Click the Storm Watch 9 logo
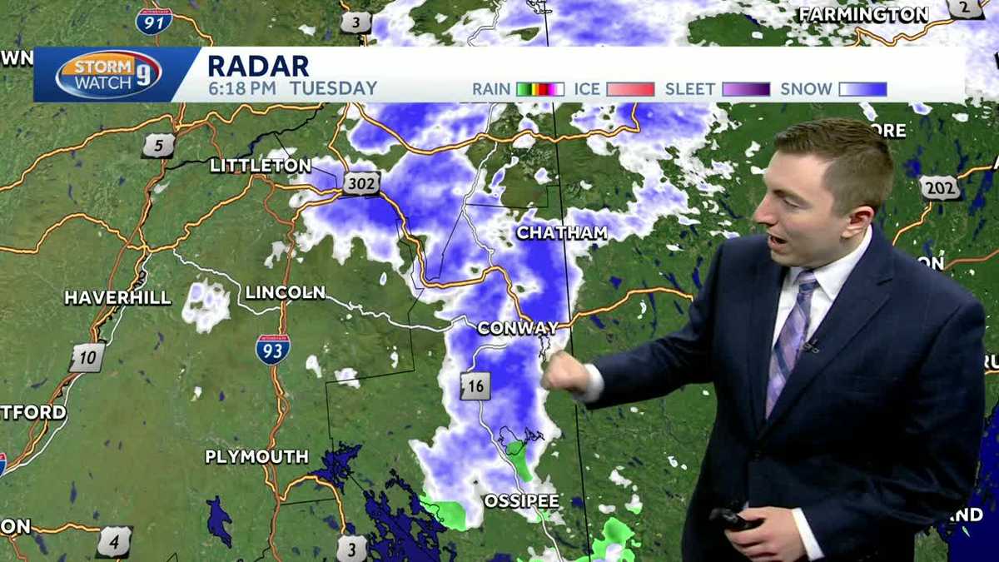(x=107, y=74)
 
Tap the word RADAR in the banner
(x=257, y=65)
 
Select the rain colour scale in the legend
(x=539, y=89)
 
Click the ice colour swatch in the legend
(x=629, y=89)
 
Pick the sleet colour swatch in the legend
(x=745, y=89)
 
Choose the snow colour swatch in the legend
(x=862, y=89)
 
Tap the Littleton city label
(x=261, y=166)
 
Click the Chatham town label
(x=562, y=233)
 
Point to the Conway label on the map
(x=517, y=328)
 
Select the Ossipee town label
(x=522, y=501)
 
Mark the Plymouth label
(x=257, y=456)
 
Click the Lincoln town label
(x=285, y=292)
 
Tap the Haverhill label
(x=118, y=297)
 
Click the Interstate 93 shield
(x=273, y=350)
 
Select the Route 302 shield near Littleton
(x=360, y=183)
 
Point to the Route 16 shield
(x=475, y=385)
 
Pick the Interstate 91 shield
(x=154, y=20)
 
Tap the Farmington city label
(x=863, y=14)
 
